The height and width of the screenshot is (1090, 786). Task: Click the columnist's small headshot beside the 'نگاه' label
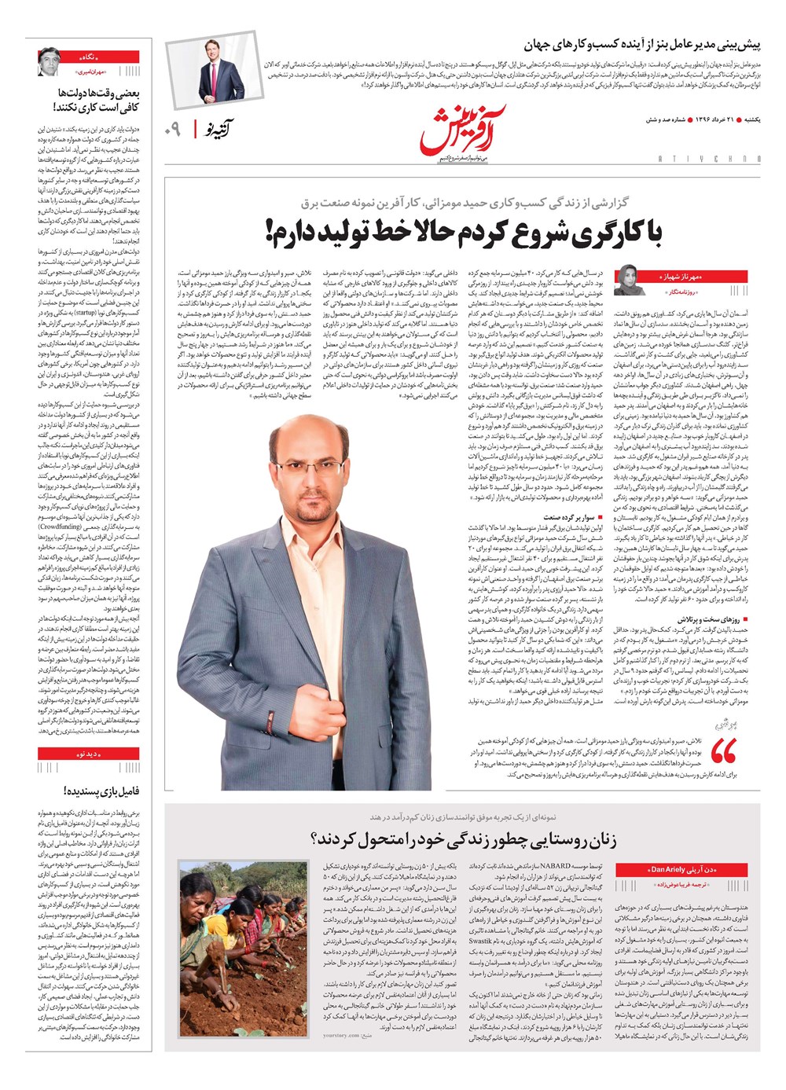point(50,62)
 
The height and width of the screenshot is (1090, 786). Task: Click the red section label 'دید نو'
point(89,754)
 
